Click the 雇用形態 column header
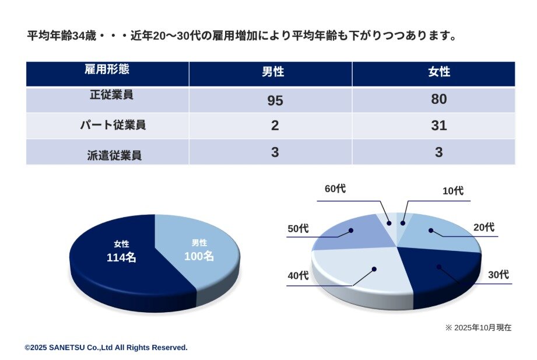[x=107, y=70]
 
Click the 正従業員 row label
[x=107, y=95]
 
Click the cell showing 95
[x=275, y=100]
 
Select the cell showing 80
[x=438, y=99]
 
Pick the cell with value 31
[x=438, y=125]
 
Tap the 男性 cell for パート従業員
[x=275, y=125]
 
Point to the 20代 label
[x=483, y=227]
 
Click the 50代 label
[x=298, y=228]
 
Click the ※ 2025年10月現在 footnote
[x=478, y=328]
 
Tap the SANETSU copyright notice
[x=106, y=347]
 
